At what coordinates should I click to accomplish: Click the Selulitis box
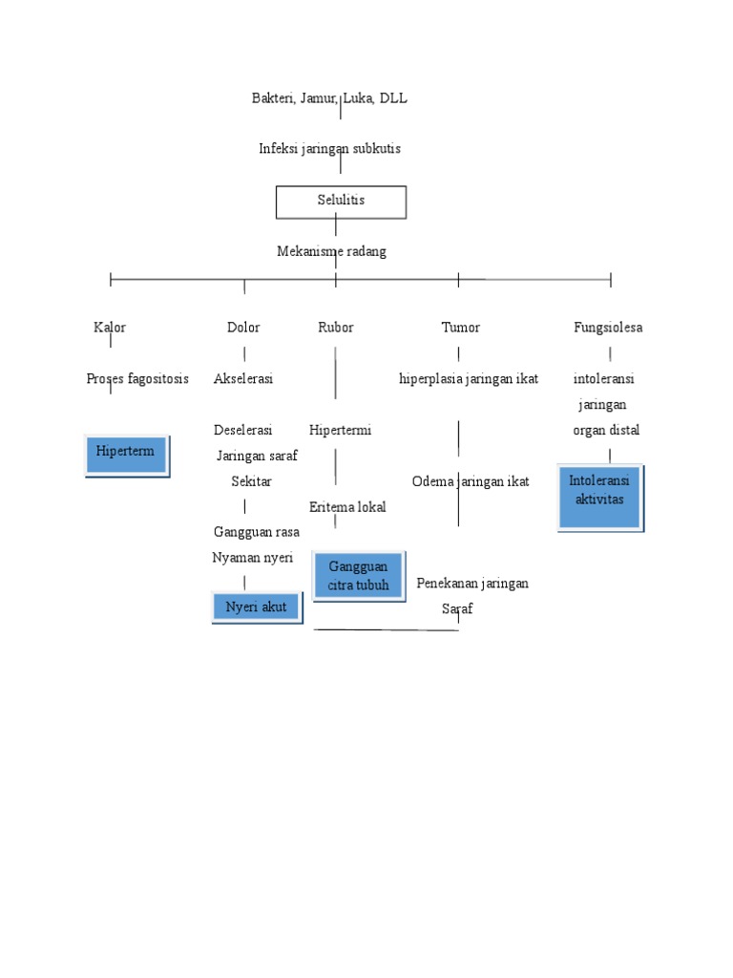341,201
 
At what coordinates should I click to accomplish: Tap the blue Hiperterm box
126,453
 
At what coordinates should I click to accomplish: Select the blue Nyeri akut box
256,606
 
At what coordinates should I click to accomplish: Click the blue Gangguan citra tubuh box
359,576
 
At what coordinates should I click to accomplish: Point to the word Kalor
110,328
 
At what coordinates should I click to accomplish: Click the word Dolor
243,328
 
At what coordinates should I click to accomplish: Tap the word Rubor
336,328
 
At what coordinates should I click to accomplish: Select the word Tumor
460,328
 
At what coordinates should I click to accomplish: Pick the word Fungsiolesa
608,328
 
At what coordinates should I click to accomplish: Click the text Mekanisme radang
331,251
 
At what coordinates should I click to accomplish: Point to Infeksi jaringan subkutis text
329,149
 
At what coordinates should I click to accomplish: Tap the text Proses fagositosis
137,379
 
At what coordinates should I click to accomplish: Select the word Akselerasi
243,379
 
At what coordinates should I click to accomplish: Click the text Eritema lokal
347,507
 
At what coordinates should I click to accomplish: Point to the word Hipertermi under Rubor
340,431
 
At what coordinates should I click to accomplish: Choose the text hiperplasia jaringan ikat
469,379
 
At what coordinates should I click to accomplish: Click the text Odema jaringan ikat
471,481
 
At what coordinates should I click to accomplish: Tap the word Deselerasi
243,431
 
